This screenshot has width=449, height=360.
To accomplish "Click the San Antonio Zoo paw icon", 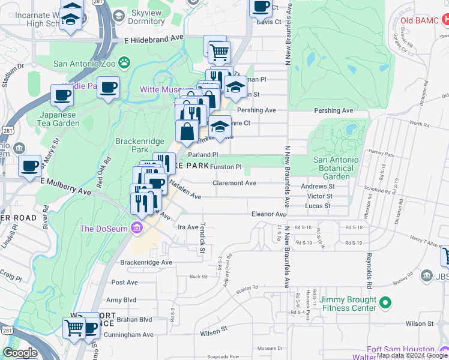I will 124,62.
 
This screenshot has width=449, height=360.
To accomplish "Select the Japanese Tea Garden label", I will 59,119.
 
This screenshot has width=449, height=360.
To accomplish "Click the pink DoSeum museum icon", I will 136,228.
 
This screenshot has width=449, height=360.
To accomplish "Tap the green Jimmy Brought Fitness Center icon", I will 385,302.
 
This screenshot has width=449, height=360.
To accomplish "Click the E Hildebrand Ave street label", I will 154,37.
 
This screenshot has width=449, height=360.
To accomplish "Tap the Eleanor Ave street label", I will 269,214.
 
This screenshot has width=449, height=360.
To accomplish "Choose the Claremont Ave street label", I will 234,183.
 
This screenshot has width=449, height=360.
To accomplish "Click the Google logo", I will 20,353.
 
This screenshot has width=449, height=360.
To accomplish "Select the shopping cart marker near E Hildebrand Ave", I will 220,53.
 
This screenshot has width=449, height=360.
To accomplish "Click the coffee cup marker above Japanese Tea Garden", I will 61,95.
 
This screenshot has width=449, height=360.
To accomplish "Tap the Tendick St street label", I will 202,235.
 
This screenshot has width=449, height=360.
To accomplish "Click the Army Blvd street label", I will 122,300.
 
